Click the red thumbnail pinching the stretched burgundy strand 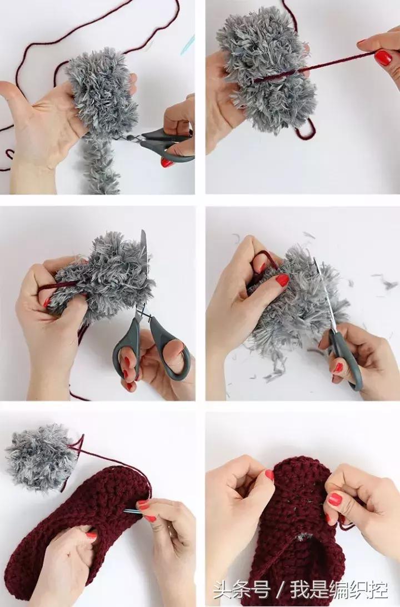coord(383,58)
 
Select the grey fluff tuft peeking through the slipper coord(303,538)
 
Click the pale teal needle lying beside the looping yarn coord(187,44)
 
